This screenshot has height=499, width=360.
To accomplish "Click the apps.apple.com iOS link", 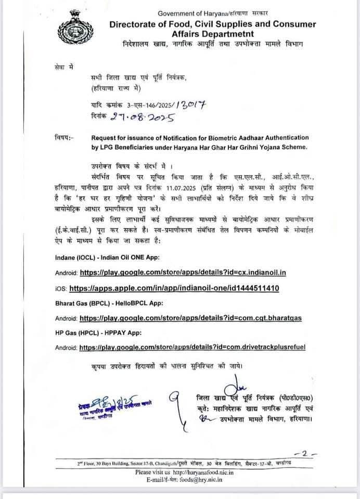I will (x=182, y=287).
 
